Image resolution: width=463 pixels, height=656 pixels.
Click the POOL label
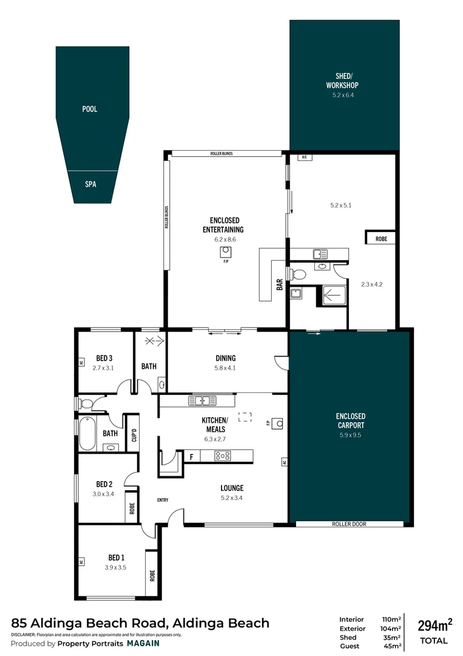90,109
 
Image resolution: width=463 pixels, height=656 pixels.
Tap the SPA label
90,184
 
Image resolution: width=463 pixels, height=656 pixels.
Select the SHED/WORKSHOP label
343,81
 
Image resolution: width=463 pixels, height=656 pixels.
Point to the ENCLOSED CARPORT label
351,420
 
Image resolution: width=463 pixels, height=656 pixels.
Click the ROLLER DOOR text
349,524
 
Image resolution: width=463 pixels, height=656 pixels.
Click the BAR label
280,284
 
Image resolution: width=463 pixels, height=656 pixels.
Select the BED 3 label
105,358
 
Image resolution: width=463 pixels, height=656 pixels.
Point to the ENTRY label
162,500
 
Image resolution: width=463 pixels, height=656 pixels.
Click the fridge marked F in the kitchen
192,456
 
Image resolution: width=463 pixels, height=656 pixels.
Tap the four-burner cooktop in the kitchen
222,456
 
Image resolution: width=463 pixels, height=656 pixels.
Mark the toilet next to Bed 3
84,403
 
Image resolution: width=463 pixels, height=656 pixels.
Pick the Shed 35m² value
393,637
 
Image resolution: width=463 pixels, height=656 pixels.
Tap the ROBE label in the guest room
381,239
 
